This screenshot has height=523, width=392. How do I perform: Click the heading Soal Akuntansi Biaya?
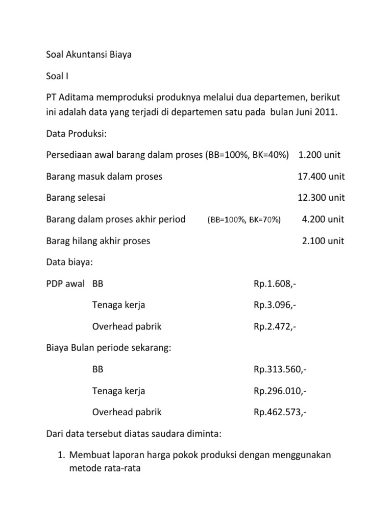click(89, 55)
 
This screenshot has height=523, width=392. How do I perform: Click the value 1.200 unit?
click(320, 155)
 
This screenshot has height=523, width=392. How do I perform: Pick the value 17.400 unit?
click(321, 176)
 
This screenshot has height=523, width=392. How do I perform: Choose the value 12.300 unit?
click(321, 198)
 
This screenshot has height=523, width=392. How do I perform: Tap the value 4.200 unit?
click(323, 219)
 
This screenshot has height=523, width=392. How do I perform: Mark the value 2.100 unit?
click(323, 241)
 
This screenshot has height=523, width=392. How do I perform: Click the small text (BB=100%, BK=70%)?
click(244, 220)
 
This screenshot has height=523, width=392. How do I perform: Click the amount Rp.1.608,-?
click(274, 283)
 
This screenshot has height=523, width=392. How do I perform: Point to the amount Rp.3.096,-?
click(274, 305)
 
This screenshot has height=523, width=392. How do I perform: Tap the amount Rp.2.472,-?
click(274, 326)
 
